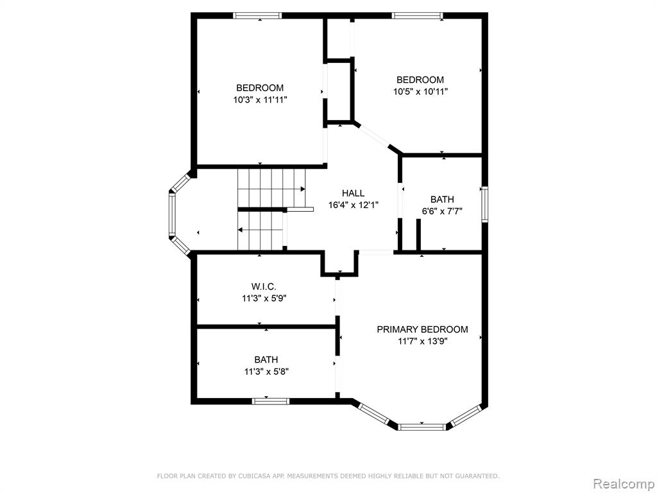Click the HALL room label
coord(353,193)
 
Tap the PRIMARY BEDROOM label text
coord(422,329)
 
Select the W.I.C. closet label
coord(264,287)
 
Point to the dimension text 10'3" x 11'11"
coord(260,99)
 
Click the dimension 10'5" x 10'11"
coord(420,91)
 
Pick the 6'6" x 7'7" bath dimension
coord(442,211)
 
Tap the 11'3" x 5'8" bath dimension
coord(266,372)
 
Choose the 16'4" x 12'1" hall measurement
coord(354,205)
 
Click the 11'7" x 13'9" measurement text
coord(423,342)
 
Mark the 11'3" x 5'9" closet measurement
coord(264,298)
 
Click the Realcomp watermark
coord(624,483)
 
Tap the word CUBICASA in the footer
coord(253,476)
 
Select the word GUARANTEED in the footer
coord(477,476)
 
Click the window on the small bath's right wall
coord(485,205)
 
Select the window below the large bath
coord(271,401)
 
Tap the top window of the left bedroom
coord(257,15)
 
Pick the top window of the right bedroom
coord(417,15)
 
